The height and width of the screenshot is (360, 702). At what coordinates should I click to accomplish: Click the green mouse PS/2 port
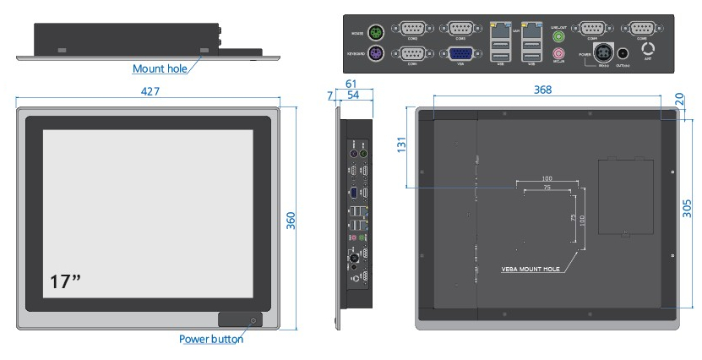pos(377,33)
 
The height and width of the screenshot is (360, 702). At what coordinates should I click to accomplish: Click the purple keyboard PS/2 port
pos(377,55)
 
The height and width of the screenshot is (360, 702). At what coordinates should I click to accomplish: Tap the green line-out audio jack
pos(558,37)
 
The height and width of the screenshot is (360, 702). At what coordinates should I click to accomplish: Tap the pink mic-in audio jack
pos(558,53)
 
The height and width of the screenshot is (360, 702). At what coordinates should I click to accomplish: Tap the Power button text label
pos(210,339)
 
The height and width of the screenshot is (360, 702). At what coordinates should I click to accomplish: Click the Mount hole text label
pos(159,68)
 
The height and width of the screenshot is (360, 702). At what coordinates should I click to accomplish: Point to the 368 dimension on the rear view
pos(546,90)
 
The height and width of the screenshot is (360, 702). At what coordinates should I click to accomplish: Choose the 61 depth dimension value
pos(351,84)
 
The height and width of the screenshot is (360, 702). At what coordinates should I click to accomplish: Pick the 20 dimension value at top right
pos(681,100)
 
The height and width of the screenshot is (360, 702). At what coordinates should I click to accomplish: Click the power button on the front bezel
pos(253,319)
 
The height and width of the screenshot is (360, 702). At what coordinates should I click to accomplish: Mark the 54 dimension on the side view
pos(354,96)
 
